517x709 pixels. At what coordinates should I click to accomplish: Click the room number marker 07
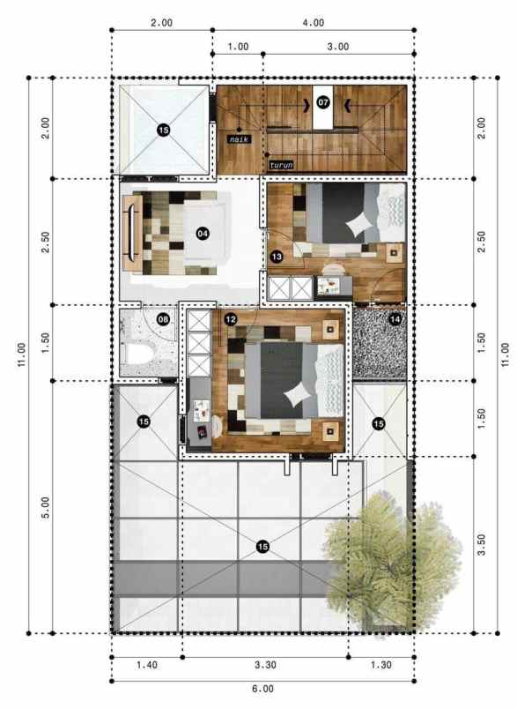[323, 103]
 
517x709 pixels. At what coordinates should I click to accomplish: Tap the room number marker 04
[203, 233]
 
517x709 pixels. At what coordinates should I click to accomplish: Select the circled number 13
[277, 257]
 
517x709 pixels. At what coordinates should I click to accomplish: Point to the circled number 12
[230, 318]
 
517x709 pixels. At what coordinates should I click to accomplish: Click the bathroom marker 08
[163, 318]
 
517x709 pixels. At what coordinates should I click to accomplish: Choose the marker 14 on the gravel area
[395, 318]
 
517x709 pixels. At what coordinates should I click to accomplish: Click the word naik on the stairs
[238, 139]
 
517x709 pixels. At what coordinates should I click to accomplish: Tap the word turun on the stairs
[282, 164]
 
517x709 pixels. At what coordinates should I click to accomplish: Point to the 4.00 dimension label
[314, 23]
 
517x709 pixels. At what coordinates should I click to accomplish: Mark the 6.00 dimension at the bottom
[262, 689]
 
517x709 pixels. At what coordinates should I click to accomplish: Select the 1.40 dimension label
[146, 666]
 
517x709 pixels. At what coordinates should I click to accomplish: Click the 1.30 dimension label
[380, 666]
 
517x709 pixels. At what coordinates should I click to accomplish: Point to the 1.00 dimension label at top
[238, 46]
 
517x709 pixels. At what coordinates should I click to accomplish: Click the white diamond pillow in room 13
[358, 226]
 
